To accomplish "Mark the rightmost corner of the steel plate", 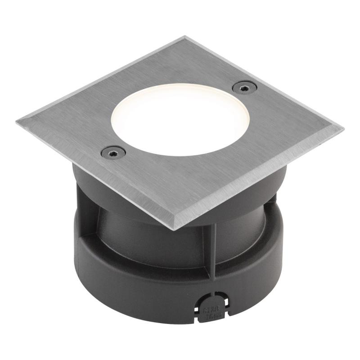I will click(x=342, y=128).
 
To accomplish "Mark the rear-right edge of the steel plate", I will click(x=265, y=81).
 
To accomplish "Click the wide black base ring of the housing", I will click(x=135, y=288).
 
